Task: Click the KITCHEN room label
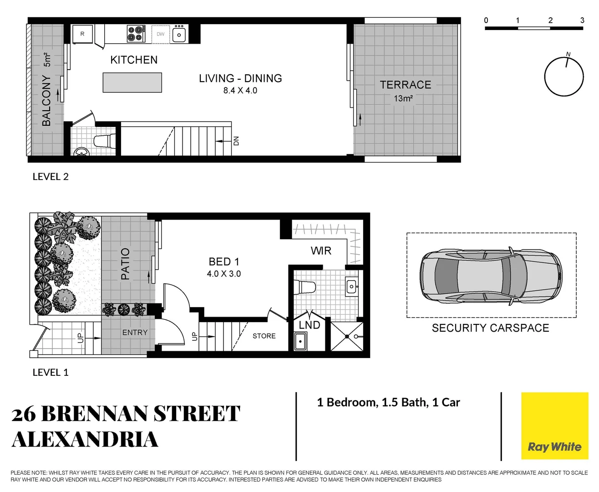tap(134, 60)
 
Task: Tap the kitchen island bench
tap(132, 82)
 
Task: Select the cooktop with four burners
tap(136, 34)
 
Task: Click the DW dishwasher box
tap(161, 34)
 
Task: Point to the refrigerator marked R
tap(82, 34)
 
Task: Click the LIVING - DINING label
tap(240, 78)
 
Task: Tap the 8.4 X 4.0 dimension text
tap(240, 91)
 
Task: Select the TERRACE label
tap(405, 85)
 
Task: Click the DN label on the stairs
tap(236, 141)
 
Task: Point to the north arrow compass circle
tap(564, 77)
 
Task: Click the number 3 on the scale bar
tap(582, 20)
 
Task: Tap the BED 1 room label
tap(223, 261)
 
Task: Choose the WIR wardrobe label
tap(321, 251)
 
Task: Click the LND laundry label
tap(310, 325)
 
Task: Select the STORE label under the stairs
tap(264, 336)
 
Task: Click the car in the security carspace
tap(491, 276)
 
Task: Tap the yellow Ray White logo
tap(554, 426)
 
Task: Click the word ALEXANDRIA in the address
tap(85, 440)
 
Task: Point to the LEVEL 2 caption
tap(51, 177)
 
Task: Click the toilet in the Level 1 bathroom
tap(305, 287)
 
